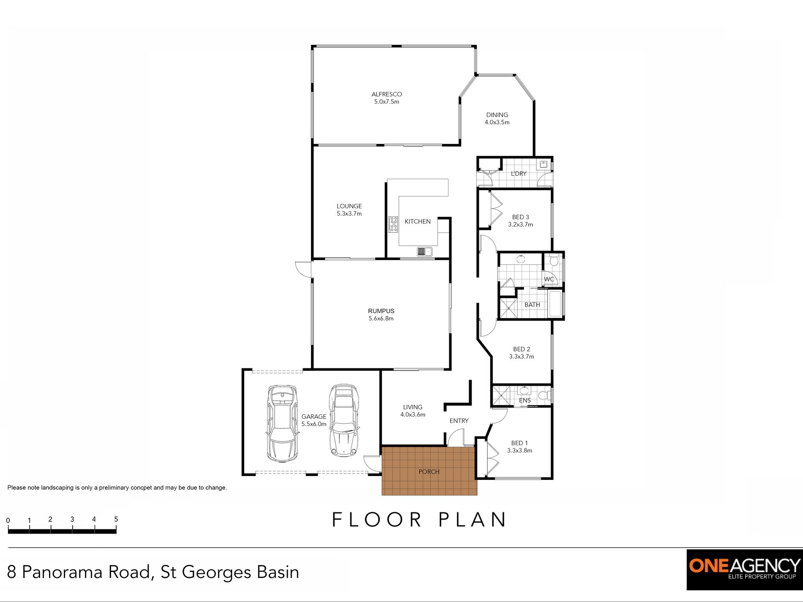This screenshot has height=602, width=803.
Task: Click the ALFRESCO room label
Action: tap(386, 94)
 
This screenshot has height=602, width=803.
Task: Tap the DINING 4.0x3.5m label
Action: tap(497, 118)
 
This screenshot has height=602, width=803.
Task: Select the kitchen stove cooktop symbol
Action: tap(393, 224)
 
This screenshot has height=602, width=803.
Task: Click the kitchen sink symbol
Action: tap(424, 252)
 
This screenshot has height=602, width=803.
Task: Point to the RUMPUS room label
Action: tap(381, 311)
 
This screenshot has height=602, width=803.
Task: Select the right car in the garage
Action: tap(344, 420)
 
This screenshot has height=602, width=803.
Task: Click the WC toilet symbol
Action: tap(554, 262)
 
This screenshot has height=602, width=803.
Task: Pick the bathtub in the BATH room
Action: tap(555, 304)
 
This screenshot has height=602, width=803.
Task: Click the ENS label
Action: tap(524, 400)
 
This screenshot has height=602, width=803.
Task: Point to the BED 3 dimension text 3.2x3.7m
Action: tap(520, 225)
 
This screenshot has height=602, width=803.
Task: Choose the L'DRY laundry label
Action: tap(518, 174)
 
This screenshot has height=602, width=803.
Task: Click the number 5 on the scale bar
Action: tap(116, 519)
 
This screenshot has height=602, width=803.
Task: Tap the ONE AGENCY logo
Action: tap(744, 569)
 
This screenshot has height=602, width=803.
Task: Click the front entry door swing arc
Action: tap(455, 437)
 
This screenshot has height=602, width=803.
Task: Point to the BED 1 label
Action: tap(519, 443)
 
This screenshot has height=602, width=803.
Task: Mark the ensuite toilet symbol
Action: tap(546, 396)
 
